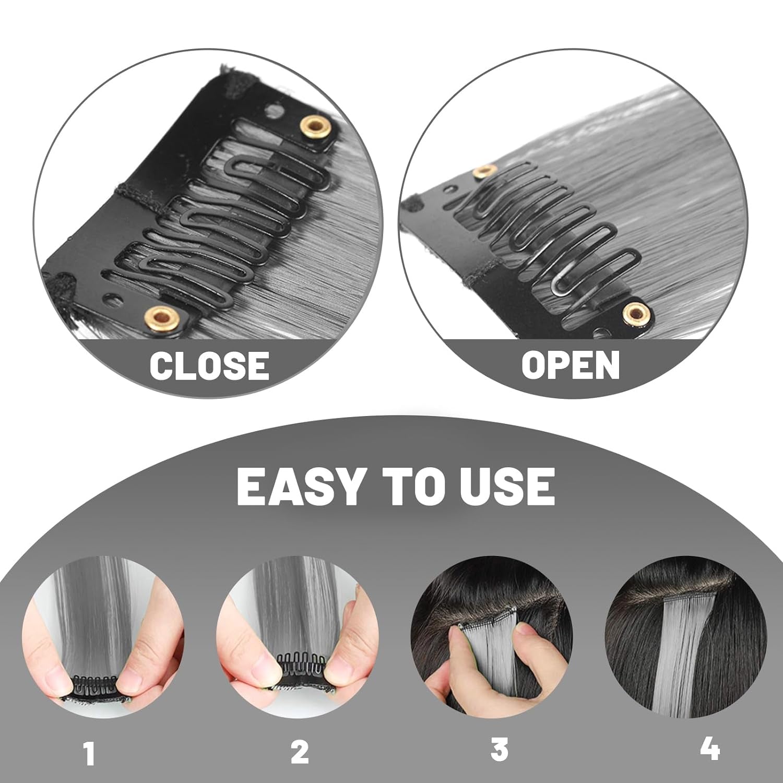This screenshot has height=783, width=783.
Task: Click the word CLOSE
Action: pyautogui.click(x=209, y=365)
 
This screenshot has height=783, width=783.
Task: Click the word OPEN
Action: pyautogui.click(x=571, y=365)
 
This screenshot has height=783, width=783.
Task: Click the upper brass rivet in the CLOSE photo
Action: pyautogui.click(x=314, y=125)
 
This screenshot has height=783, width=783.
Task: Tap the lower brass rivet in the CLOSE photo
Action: pyautogui.click(x=155, y=316)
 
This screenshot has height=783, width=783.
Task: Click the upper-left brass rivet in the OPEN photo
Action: pyautogui.click(x=483, y=172)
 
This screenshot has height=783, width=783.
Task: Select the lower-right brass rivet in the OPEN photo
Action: pyautogui.click(x=635, y=313)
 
